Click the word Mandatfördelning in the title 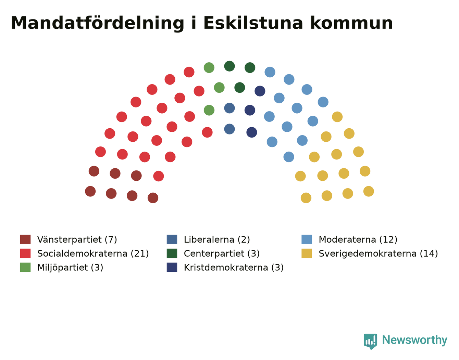(97, 23)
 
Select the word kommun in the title (351, 23)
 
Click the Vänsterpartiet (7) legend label (77, 240)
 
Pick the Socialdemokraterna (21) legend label (93, 254)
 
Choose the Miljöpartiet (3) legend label (70, 268)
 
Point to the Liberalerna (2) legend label (217, 240)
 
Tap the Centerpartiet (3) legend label (222, 254)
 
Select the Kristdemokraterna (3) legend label (234, 268)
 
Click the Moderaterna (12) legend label (358, 240)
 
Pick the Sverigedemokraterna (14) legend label (378, 254)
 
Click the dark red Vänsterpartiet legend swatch (25, 240)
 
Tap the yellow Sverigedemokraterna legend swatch (307, 254)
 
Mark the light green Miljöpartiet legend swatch (25, 267)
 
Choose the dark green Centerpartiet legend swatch (172, 254)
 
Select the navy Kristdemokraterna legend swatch (172, 267)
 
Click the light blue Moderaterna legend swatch (307, 240)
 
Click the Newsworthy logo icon (370, 342)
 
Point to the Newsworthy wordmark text (415, 340)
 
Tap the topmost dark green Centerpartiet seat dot (229, 66)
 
